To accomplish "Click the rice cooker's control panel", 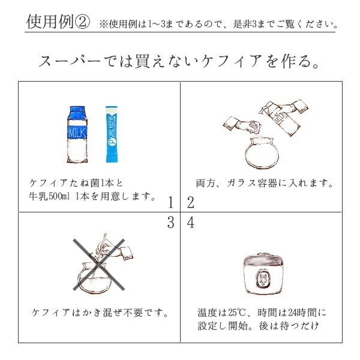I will (262, 280).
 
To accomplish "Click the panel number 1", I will (171, 202).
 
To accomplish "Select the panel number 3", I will (171, 223).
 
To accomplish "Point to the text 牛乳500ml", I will (54, 196).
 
